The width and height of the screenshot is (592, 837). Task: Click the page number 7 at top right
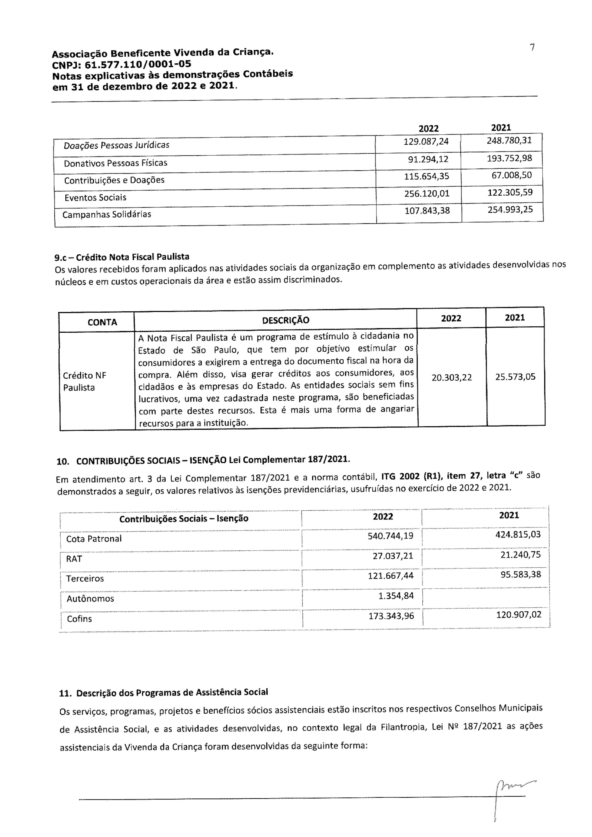tap(532, 47)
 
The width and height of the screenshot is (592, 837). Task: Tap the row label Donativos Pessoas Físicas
tap(115, 163)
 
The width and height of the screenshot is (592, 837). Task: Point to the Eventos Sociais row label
tap(95, 198)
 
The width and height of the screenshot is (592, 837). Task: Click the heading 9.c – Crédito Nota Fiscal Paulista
tap(122, 257)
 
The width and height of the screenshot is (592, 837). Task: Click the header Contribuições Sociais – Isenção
tap(184, 518)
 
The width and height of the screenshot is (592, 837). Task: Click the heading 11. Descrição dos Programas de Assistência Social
tap(164, 692)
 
